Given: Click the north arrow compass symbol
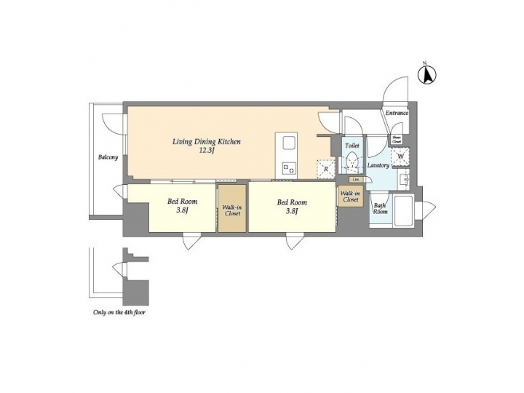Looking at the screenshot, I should [x=429, y=73].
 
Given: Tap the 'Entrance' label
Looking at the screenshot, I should [x=397, y=113].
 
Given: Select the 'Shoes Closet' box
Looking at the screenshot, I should [x=397, y=139].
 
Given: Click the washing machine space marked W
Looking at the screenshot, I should [x=400, y=156].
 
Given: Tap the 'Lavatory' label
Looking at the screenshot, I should [x=378, y=166].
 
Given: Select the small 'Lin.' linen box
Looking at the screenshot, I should [x=356, y=179].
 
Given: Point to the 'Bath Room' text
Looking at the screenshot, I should [x=380, y=209].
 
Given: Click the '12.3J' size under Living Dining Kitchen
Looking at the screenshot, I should [x=206, y=151].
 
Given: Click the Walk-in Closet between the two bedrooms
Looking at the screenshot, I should [x=232, y=210].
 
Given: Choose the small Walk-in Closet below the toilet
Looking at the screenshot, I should [x=349, y=196].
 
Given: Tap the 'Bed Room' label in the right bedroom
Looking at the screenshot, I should [x=292, y=202].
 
